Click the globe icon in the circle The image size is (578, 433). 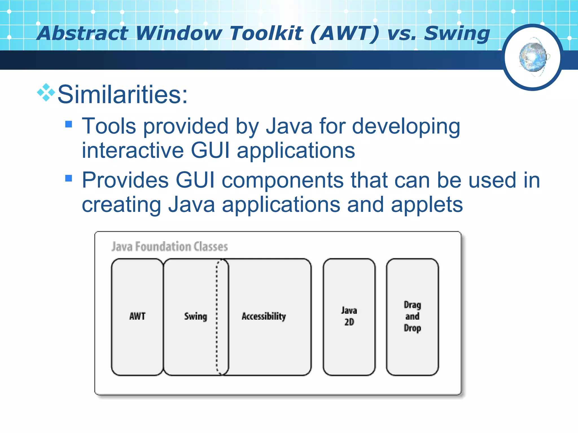[533, 57]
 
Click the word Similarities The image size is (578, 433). [122, 94]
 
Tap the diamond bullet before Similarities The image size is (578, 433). [46, 92]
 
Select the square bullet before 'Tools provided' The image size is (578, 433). [69, 124]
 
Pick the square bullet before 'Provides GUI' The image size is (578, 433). [69, 178]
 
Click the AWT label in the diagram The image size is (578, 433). [137, 316]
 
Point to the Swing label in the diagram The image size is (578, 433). [196, 317]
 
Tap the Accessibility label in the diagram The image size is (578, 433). [264, 317]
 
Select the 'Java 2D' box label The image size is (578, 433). [349, 316]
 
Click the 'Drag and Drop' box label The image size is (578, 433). [412, 317]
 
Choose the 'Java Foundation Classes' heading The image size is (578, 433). [170, 246]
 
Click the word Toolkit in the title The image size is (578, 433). [266, 33]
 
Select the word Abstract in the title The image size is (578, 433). [83, 33]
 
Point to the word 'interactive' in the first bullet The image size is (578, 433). [133, 150]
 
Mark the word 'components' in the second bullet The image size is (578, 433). [283, 180]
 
